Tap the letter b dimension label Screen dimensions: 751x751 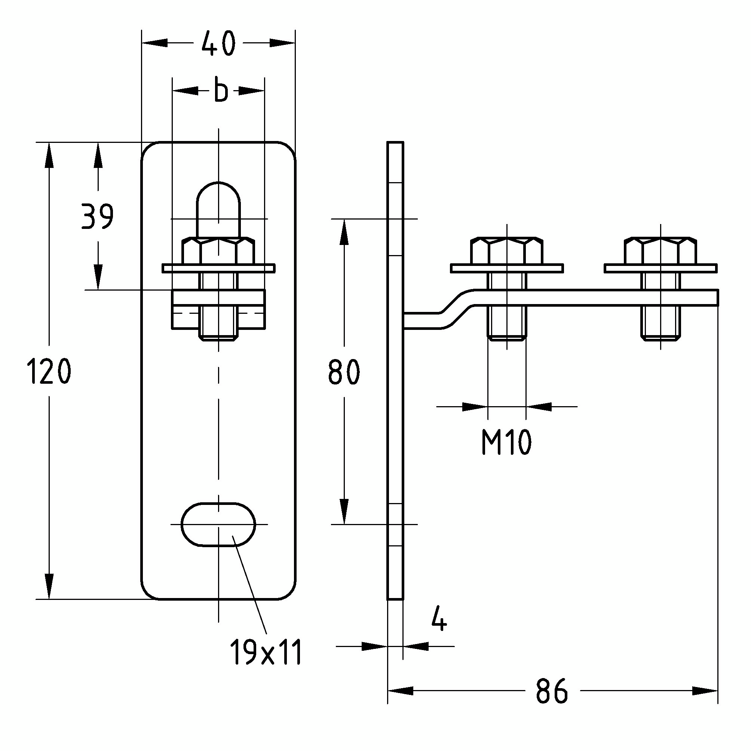coord(221,91)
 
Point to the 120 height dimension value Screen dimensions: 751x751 coord(49,372)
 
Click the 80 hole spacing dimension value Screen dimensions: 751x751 coord(344,372)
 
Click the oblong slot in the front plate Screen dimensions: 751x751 coord(218,524)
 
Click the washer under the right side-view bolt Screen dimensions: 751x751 coord(660,268)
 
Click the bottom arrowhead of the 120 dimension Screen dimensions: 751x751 coord(49,586)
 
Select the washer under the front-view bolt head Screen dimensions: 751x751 coord(218,268)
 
